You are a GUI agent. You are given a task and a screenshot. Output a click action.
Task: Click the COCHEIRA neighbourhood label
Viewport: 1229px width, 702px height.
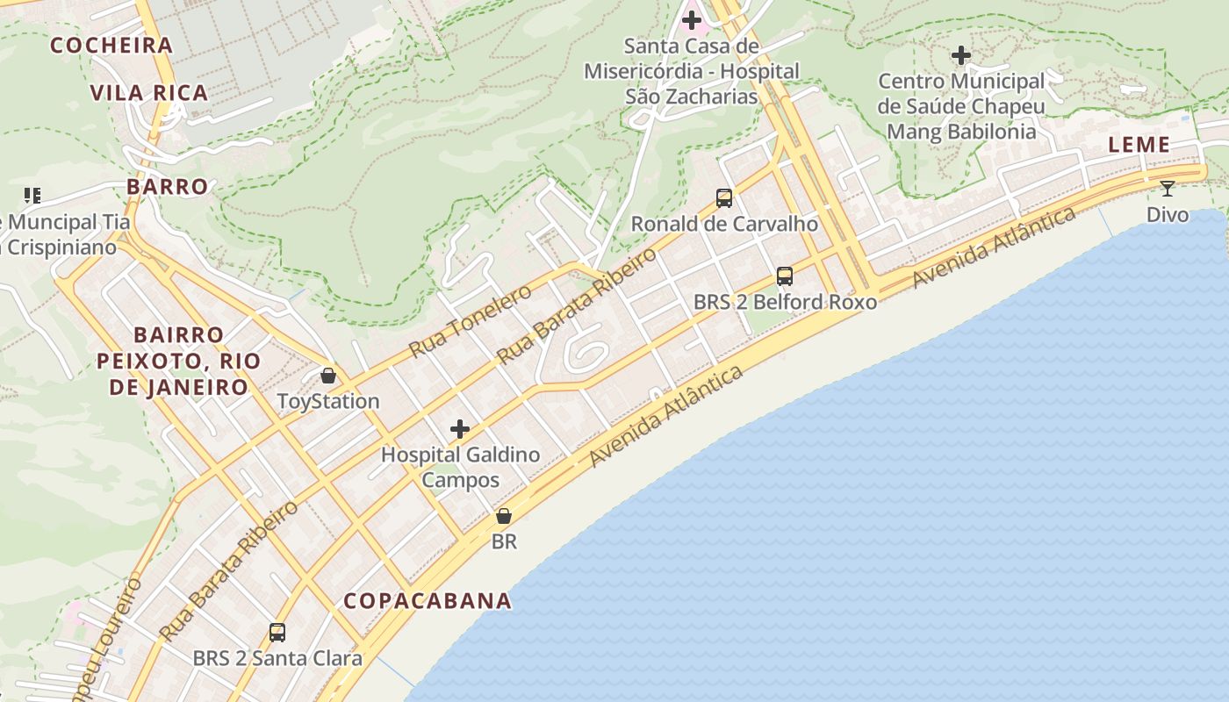pyautogui.click(x=111, y=45)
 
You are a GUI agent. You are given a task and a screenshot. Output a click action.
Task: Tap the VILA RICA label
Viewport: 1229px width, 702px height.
pyautogui.click(x=149, y=92)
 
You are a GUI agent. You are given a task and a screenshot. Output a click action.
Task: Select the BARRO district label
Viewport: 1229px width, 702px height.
pyautogui.click(x=168, y=186)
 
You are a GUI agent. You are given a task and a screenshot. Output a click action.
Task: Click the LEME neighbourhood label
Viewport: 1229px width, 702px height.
pyautogui.click(x=1139, y=145)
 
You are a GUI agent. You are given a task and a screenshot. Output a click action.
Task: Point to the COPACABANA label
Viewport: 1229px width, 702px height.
pyautogui.click(x=428, y=600)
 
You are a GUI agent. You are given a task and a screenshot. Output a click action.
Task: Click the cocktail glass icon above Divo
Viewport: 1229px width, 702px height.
pyautogui.click(x=1167, y=188)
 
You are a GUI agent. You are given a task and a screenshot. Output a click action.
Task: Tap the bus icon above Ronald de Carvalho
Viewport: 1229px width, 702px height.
pyautogui.click(x=723, y=198)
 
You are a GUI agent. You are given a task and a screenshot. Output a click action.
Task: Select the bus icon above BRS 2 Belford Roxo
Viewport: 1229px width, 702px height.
pyautogui.click(x=785, y=276)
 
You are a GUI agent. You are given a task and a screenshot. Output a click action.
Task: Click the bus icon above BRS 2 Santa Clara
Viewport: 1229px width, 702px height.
pyautogui.click(x=277, y=632)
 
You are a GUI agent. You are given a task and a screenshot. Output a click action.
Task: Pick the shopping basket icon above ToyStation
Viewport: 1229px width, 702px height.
pyautogui.click(x=328, y=376)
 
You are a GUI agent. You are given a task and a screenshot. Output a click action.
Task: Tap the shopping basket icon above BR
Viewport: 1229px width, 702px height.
pyautogui.click(x=504, y=516)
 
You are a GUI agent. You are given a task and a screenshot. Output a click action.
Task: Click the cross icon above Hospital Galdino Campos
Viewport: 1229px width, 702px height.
pyautogui.click(x=459, y=429)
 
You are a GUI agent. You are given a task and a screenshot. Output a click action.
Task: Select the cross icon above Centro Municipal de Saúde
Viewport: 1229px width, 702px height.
pyautogui.click(x=961, y=55)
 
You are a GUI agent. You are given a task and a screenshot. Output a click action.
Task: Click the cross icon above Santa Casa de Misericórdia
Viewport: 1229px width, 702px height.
pyautogui.click(x=692, y=19)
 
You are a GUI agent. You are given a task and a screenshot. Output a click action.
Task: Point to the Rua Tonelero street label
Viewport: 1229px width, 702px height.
pyautogui.click(x=470, y=321)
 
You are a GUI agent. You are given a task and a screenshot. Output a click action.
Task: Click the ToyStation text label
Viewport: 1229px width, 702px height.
pyautogui.click(x=328, y=401)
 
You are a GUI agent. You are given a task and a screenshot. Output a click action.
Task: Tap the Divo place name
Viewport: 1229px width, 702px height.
pyautogui.click(x=1168, y=214)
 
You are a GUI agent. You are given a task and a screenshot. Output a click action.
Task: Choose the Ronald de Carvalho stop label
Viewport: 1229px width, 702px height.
pyautogui.click(x=724, y=224)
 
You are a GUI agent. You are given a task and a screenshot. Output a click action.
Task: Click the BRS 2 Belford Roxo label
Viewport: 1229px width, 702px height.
pyautogui.click(x=785, y=302)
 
